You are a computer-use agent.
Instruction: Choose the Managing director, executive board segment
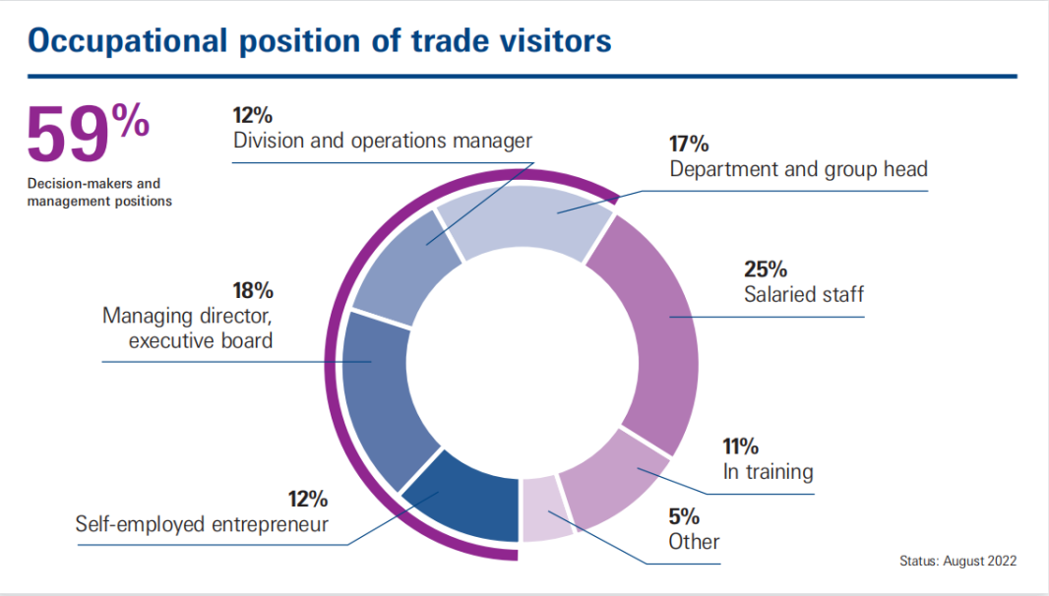[x=384, y=393]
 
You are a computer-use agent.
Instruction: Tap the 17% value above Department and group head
[x=689, y=144]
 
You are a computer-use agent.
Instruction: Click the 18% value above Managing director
[x=253, y=291]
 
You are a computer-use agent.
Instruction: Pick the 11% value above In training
[x=742, y=446]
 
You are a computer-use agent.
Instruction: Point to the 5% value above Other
[x=684, y=516]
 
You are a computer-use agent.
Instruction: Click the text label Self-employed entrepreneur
[x=202, y=524]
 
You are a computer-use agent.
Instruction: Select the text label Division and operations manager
[x=382, y=141]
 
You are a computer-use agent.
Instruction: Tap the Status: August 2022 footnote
[x=956, y=561]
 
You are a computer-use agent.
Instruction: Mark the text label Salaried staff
[x=803, y=293]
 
